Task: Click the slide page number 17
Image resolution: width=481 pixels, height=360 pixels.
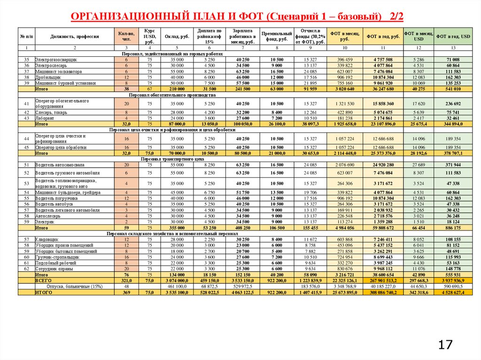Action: pyautogui.click(x=446, y=345)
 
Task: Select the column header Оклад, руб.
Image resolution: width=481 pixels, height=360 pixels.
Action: pyautogui.click(x=177, y=36)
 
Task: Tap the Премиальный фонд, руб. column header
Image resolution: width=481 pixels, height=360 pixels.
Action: pyautogui.click(x=277, y=37)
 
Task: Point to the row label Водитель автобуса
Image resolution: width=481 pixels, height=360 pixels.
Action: pyautogui.click(x=54, y=204)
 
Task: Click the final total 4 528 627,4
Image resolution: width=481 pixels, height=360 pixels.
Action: pyautogui.click(x=453, y=292)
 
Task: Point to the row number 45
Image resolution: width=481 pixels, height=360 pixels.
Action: pyautogui.click(x=27, y=147)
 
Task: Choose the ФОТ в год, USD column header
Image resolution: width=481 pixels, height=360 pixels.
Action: pyautogui.click(x=453, y=36)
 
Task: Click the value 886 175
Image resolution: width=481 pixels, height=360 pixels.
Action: pyautogui.click(x=453, y=228)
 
